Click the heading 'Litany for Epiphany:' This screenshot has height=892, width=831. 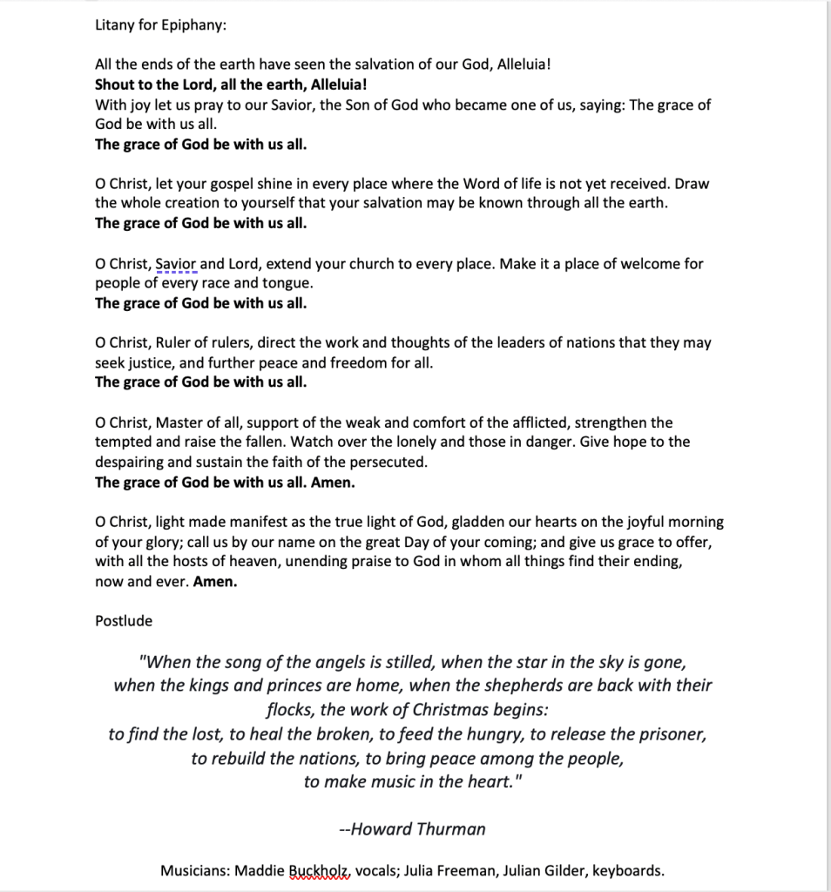tap(160, 25)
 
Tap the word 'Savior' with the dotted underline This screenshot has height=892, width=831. tap(177, 264)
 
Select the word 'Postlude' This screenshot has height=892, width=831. tap(124, 621)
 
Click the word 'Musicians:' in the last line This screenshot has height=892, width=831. tap(195, 870)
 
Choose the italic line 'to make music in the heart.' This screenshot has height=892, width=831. tap(412, 781)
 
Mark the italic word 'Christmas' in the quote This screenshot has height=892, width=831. tap(455, 710)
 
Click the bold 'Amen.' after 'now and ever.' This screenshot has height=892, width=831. tap(214, 582)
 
